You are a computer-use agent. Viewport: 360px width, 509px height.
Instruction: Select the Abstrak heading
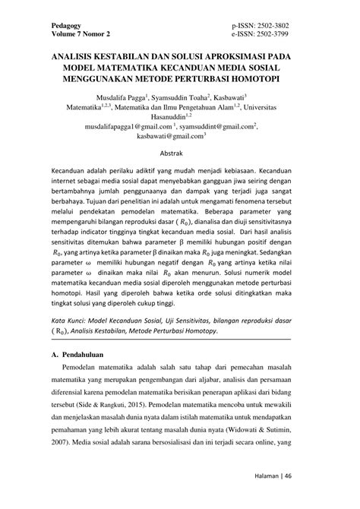180,154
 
